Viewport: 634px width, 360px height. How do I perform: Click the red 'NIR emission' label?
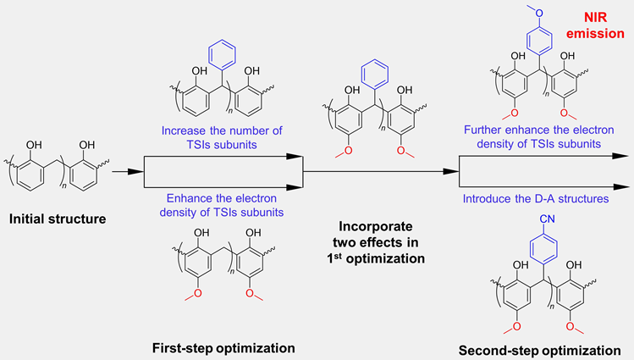595,25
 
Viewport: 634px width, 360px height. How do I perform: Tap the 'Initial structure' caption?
58,219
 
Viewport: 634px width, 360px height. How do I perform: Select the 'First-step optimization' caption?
223,348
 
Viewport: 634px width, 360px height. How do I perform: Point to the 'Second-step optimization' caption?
539,351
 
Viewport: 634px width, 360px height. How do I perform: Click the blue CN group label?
547,219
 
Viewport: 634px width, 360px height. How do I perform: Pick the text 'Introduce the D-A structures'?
536,198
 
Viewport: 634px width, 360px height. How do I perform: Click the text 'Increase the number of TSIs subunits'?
222,137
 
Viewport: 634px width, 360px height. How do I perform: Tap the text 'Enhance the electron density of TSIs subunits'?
222,205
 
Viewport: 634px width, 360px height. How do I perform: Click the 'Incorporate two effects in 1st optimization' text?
376,242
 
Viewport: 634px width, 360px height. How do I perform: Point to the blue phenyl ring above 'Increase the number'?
222,54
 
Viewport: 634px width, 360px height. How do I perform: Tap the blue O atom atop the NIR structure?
539,13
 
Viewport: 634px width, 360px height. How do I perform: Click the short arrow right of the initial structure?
128,172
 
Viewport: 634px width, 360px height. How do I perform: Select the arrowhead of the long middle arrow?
451,172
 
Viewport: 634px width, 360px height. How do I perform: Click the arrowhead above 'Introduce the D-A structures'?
620,187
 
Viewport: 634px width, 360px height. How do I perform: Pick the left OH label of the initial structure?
34,145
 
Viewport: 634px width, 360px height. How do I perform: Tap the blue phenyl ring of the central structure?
375,74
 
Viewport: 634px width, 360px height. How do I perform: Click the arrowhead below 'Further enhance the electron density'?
620,156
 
